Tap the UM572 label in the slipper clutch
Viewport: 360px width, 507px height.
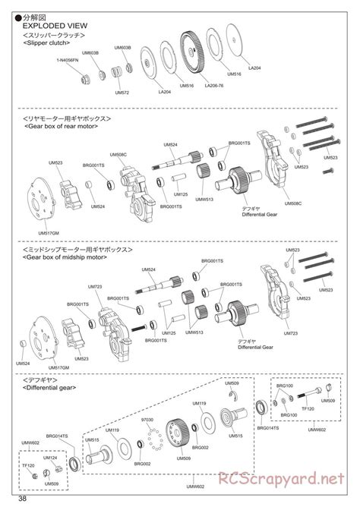(121, 93)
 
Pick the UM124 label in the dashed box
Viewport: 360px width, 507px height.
(49, 458)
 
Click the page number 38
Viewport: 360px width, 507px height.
(24, 499)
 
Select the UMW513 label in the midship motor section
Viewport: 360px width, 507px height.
(195, 332)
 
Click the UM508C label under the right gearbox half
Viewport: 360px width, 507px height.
(292, 203)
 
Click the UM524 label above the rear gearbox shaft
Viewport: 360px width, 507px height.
(172, 144)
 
